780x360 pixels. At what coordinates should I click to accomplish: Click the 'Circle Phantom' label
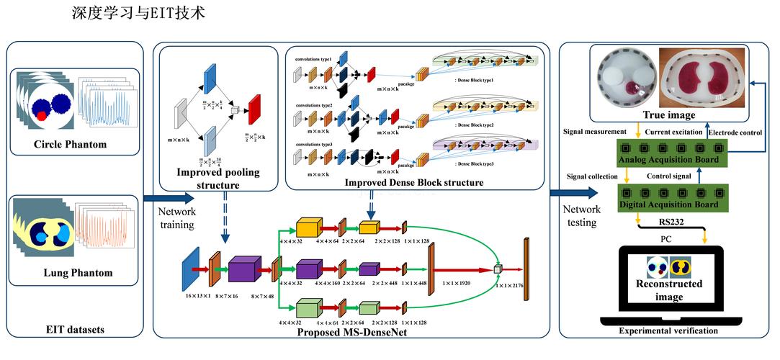pos(71,145)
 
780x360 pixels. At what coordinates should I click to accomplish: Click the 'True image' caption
pos(669,114)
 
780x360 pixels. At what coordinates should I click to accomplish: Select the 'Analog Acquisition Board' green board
pos(673,152)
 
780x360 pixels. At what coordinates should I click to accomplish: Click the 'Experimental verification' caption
pos(668,331)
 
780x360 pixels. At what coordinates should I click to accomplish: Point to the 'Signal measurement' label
pos(588,132)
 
